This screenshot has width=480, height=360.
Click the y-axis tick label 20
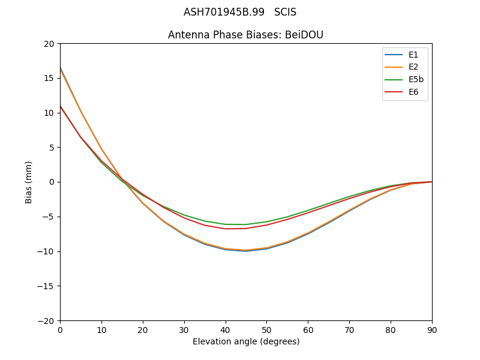point(49,44)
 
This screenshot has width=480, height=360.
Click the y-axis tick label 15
point(49,78)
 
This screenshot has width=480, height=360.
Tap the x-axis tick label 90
point(432,330)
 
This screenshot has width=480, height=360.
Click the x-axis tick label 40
point(225,330)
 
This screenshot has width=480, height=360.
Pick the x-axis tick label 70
point(349,330)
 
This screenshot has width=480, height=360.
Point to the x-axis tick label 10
point(101,330)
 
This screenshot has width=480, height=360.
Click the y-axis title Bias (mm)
point(29,182)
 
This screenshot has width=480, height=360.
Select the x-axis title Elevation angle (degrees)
point(246,342)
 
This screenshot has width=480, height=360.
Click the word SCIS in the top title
point(285,12)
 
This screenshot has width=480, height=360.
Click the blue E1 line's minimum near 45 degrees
point(246,251)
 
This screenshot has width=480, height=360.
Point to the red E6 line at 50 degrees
point(266,225)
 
